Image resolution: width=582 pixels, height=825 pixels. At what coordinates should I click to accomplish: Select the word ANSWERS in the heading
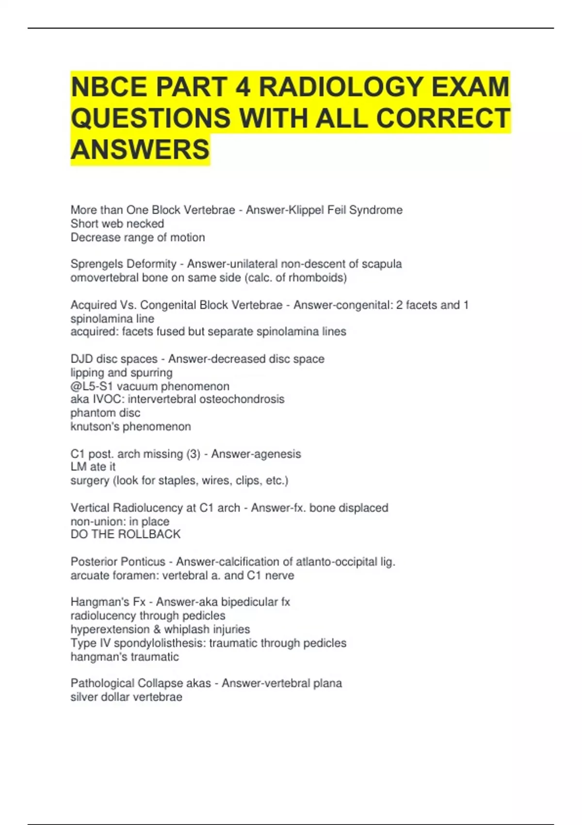click(x=140, y=149)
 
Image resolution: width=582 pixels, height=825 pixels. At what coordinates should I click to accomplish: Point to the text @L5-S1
click(x=92, y=386)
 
